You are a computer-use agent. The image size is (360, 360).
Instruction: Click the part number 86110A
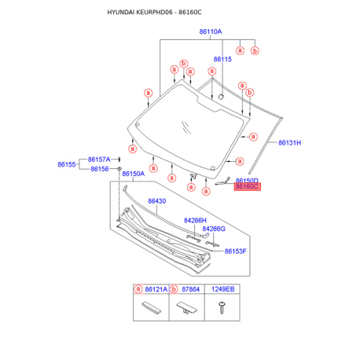pos(211,31)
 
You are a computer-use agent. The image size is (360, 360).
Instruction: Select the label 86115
pos(222,59)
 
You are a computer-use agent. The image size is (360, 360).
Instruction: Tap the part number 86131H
pos(289,143)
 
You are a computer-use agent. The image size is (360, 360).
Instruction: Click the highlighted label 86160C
pos(247,186)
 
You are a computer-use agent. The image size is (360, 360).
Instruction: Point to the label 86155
pos(67,164)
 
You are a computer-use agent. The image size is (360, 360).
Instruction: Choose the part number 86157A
pos(99,160)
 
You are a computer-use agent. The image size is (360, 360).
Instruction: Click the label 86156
pos(100,169)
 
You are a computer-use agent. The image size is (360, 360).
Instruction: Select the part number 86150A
pos(134,174)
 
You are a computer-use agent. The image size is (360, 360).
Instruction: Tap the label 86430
pos(157,201)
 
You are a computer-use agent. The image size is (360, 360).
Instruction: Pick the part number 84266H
pos(195,220)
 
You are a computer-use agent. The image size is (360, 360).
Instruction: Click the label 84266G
pos(214,229)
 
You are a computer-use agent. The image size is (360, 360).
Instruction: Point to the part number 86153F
pos(235,252)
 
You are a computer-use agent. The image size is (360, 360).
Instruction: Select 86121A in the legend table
pos(156,289)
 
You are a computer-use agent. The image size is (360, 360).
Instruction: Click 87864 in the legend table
pos(190,289)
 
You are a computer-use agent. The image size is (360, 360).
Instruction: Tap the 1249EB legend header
pos(223,289)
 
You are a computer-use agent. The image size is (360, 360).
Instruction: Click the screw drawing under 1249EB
pos(222,307)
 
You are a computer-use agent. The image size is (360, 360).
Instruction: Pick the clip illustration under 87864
pos(186,308)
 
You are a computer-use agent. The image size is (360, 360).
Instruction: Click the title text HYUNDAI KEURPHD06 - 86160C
pos(154,13)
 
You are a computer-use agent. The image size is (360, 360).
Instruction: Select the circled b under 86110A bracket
pos(255,51)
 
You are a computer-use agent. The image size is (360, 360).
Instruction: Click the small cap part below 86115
pos(221,97)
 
